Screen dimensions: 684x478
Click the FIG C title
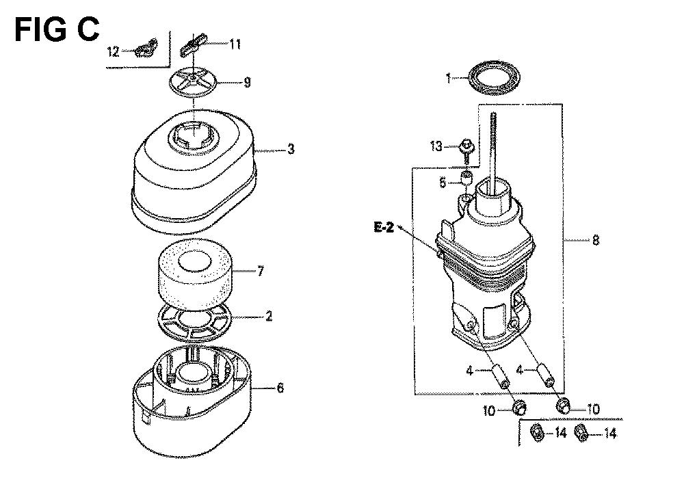coord(57,29)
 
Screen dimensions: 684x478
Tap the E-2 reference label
coord(384,227)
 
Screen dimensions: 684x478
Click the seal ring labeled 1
coord(494,79)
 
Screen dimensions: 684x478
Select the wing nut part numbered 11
coord(192,44)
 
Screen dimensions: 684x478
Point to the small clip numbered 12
coord(146,48)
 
